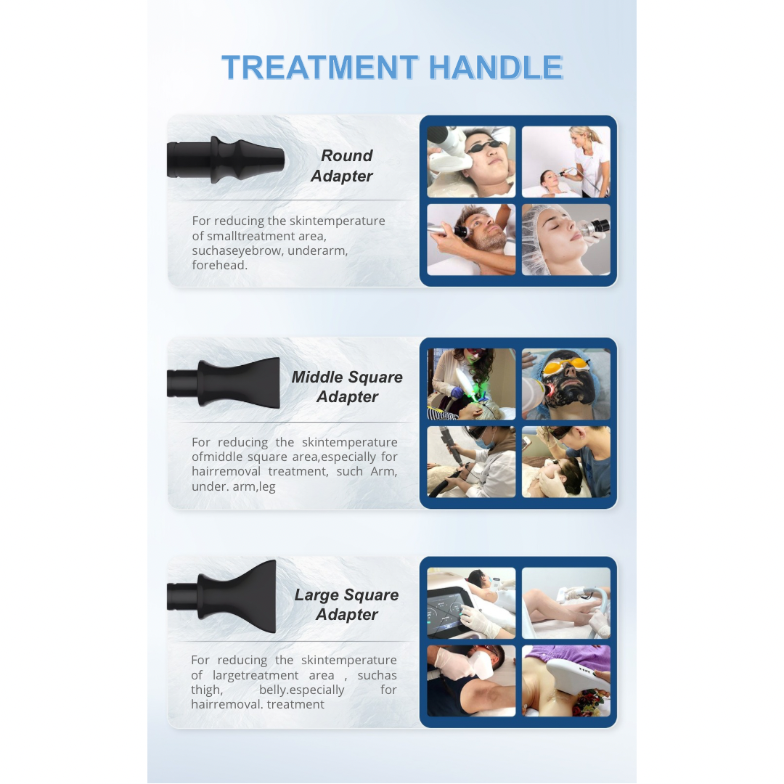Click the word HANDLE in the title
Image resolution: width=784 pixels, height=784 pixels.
[495, 68]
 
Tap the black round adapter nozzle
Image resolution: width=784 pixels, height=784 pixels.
[225, 159]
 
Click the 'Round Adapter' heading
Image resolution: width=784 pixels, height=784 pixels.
[342, 166]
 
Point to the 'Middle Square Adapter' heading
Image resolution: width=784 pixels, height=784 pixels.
[346, 387]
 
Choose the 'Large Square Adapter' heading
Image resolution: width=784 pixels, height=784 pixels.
[346, 605]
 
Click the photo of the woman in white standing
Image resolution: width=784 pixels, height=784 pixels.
[566, 162]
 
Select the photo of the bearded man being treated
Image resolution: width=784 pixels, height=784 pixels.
[471, 240]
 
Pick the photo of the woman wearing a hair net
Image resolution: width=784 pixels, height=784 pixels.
[566, 240]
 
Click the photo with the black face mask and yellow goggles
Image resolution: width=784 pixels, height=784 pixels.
[566, 384]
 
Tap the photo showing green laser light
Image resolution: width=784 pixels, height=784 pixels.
[471, 384]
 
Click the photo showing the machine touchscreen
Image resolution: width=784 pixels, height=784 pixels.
[471, 603]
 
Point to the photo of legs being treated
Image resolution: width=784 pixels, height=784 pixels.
[566, 603]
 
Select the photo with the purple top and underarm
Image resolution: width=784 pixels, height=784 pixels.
[566, 680]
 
